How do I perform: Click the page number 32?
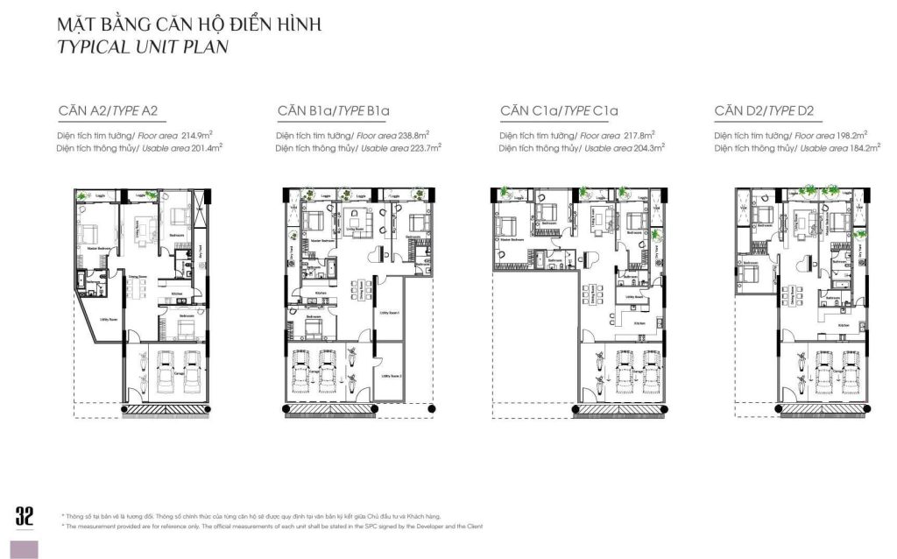[24, 516]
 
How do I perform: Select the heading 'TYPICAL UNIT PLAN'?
[142, 47]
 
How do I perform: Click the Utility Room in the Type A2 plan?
[110, 321]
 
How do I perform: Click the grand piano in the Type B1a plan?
[379, 256]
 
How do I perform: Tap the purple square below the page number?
[24, 548]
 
